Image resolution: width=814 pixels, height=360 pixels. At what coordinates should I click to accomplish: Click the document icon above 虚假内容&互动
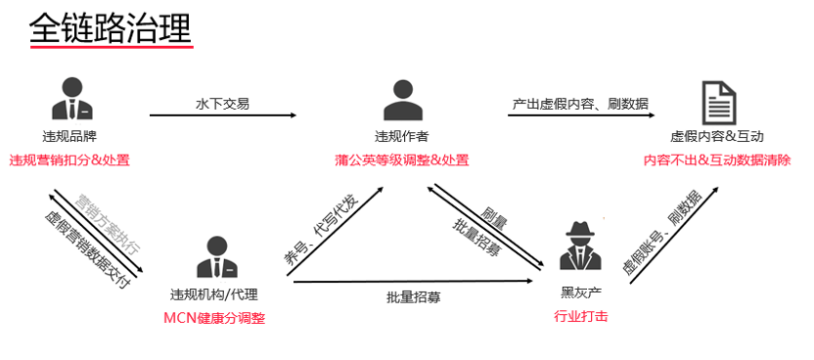719,101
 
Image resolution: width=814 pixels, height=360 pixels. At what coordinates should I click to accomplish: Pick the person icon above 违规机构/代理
214,257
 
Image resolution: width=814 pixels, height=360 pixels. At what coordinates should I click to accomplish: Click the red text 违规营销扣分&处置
69,159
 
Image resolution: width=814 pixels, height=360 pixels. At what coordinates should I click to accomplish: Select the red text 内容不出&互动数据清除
717,159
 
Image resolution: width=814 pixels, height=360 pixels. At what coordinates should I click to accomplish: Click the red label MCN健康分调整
214,318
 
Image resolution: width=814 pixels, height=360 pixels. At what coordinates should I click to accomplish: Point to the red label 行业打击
580,316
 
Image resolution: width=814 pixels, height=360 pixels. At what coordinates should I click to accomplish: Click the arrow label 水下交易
222,104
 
